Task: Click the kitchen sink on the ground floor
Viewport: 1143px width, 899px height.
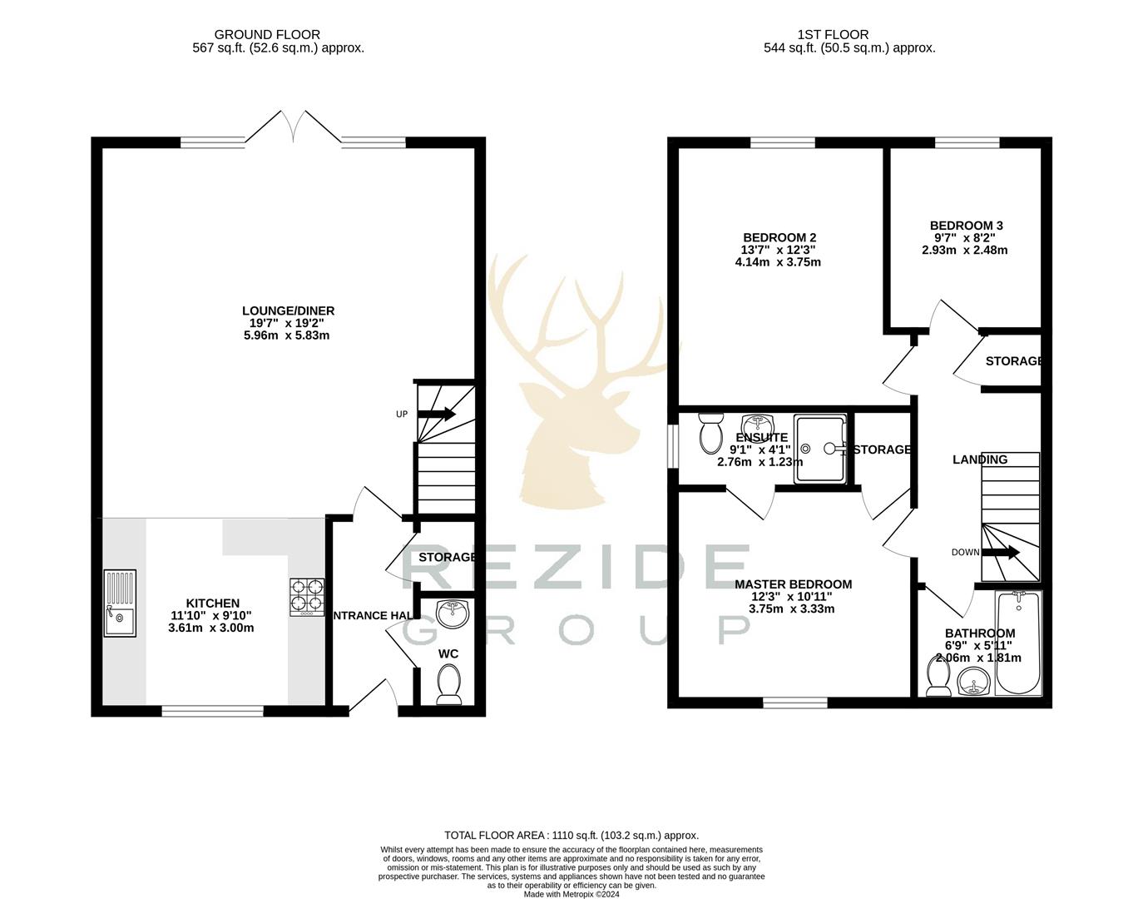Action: click(120, 603)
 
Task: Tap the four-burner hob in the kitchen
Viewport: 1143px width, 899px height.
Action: click(306, 598)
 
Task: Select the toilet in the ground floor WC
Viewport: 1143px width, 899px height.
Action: click(449, 683)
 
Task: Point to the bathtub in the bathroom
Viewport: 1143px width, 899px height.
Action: click(1017, 643)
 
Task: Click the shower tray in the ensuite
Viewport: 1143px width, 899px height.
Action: click(819, 449)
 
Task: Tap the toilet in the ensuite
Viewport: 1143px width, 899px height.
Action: click(711, 432)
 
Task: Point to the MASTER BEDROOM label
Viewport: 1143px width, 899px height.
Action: click(793, 584)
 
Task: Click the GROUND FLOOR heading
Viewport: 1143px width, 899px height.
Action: click(267, 35)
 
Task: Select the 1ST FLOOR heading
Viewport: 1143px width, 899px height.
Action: click(833, 35)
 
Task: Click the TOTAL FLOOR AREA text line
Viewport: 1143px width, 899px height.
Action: click(571, 835)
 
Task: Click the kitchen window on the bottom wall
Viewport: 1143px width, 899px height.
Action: click(213, 711)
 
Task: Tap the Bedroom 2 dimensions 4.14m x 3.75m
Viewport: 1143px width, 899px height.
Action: click(778, 262)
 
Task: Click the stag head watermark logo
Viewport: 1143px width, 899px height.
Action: click(574, 383)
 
